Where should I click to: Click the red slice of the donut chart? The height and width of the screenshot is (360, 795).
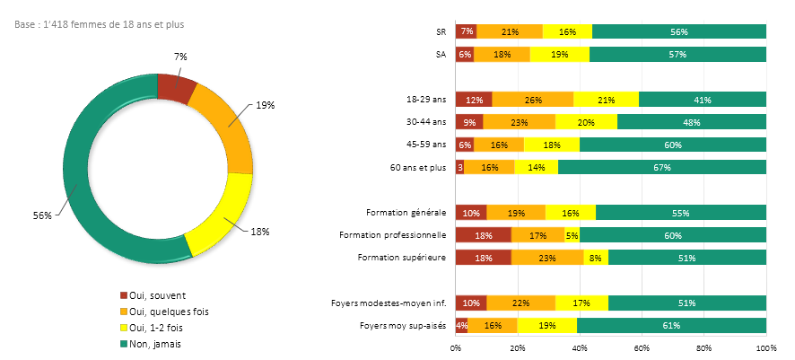point(175,87)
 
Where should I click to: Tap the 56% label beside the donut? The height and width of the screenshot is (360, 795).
point(42,215)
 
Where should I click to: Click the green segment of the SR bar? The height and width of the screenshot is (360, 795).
point(679,32)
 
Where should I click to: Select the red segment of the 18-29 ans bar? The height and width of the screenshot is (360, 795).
point(474,100)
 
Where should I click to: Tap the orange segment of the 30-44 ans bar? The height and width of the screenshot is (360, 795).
point(519,122)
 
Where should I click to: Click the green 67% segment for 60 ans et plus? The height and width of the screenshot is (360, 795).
point(661,167)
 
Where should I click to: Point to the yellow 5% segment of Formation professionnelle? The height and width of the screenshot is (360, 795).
point(572,235)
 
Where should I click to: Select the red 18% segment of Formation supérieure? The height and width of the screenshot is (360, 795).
point(483,258)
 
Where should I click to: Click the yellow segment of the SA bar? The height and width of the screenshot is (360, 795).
point(559,55)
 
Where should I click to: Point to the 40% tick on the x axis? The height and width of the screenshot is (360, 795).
point(580,347)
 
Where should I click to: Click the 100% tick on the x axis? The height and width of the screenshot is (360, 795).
point(765,347)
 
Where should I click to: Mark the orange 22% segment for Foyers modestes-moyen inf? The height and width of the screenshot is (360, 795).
point(520,303)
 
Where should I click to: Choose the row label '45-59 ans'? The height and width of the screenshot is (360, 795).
point(426,145)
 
